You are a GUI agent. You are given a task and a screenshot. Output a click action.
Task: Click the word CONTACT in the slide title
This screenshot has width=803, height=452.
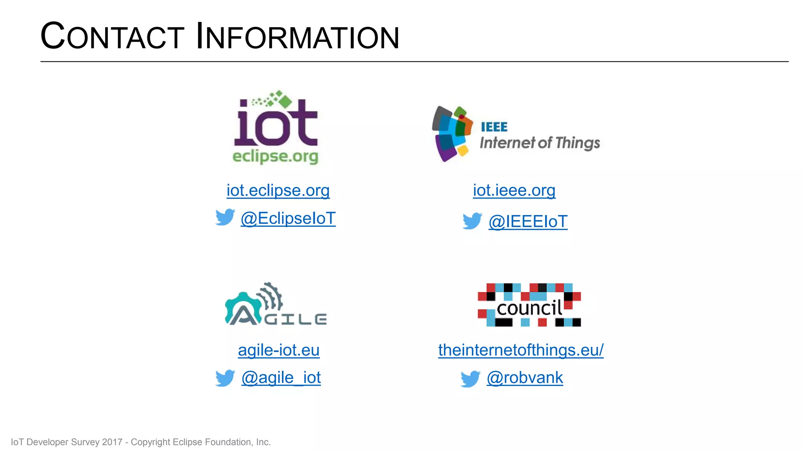tap(112, 36)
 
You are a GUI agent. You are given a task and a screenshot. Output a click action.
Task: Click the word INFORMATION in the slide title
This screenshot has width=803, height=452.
tap(298, 36)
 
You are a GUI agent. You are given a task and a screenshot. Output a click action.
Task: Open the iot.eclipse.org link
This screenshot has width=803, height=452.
tap(278, 190)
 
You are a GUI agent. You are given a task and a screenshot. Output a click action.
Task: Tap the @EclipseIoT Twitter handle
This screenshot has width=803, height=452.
tap(288, 219)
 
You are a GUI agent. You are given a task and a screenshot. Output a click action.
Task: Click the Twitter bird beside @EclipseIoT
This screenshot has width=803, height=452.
tap(225, 217)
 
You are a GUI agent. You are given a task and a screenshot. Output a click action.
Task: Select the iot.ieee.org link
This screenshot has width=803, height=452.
tap(514, 190)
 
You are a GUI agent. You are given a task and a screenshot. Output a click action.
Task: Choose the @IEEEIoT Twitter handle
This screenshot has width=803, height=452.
tap(528, 222)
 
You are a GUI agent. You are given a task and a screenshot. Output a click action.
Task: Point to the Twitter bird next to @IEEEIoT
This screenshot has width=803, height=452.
tap(472, 221)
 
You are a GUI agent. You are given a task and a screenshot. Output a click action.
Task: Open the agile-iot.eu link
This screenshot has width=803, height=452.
tap(279, 350)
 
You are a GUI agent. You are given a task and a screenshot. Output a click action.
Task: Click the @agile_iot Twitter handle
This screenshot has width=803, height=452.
tap(281, 377)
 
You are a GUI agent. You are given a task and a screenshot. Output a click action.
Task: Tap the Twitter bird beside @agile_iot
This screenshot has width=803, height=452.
tap(225, 378)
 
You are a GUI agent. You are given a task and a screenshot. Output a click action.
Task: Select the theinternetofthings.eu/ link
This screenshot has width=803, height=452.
tap(521, 350)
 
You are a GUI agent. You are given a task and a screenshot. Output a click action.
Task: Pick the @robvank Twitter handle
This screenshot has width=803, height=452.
tap(525, 377)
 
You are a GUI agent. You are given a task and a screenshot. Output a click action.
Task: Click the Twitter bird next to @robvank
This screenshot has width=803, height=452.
tap(471, 379)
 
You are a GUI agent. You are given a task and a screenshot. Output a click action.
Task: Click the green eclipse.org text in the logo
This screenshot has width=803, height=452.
tap(275, 156)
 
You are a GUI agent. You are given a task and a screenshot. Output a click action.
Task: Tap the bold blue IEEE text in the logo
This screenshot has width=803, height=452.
tap(494, 127)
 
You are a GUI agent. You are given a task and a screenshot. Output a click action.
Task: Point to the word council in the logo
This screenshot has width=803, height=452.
tap(529, 308)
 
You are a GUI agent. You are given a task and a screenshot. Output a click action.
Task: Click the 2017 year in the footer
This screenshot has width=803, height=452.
tap(112, 442)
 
